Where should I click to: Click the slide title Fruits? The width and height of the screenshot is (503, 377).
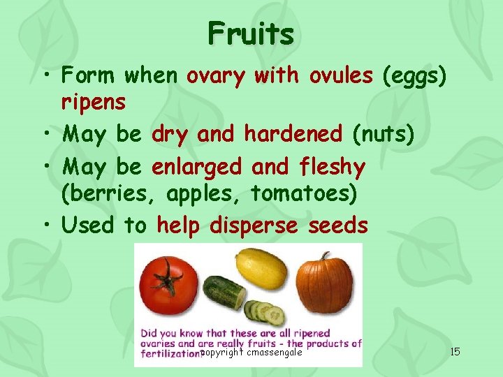pos(251,33)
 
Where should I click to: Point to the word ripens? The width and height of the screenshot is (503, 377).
pos(94,103)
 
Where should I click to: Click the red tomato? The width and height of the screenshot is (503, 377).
pos(168,286)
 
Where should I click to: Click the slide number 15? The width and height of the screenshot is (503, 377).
pos(455,351)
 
